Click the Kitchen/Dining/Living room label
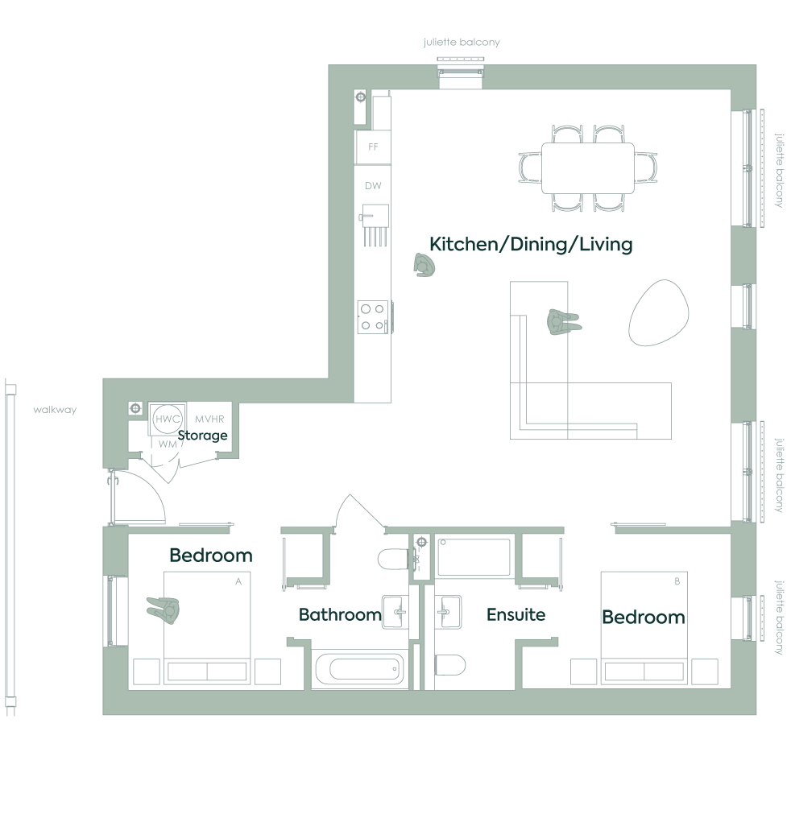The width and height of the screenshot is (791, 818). (531, 244)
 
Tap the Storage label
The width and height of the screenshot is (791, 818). (202, 435)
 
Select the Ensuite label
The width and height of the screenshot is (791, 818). (516, 614)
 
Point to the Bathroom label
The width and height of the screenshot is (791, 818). (340, 614)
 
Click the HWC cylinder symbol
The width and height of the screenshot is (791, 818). (168, 419)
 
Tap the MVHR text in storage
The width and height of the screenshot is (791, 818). (209, 419)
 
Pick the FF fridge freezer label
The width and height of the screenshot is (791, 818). (373, 147)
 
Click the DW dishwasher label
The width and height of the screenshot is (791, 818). (373, 186)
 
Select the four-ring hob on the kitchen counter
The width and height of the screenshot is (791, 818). (373, 316)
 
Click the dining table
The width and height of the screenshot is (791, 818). (588, 168)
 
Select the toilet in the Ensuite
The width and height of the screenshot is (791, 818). (449, 665)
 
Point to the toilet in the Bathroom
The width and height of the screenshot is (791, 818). (393, 559)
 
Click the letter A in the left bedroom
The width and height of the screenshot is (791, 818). (238, 581)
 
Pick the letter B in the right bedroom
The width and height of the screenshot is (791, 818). (677, 581)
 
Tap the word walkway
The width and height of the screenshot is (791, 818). (55, 410)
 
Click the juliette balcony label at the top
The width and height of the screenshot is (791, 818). (462, 42)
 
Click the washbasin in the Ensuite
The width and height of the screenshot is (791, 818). (448, 611)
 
